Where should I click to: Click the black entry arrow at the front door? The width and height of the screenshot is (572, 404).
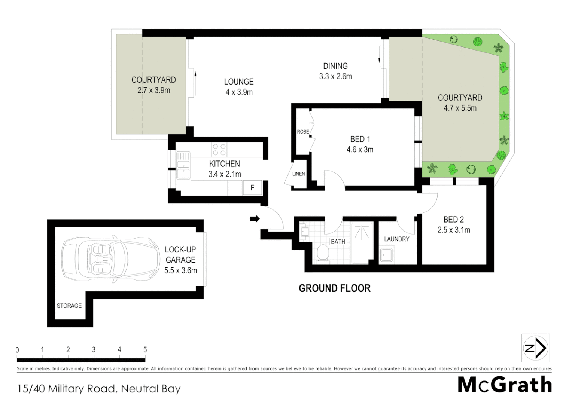pyautogui.click(x=255, y=219)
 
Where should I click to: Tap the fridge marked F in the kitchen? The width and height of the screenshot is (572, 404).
pyautogui.click(x=252, y=188)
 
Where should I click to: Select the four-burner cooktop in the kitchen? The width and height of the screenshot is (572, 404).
pyautogui.click(x=219, y=150)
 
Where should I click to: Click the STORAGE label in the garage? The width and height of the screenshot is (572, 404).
pyautogui.click(x=69, y=306)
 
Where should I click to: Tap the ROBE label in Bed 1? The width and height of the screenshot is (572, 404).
pyautogui.click(x=303, y=132)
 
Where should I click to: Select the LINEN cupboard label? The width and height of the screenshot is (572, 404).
pyautogui.click(x=298, y=174)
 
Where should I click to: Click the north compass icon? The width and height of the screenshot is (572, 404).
pyautogui.click(x=535, y=348)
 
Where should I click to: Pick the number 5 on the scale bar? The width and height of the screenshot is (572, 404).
pyautogui.click(x=145, y=350)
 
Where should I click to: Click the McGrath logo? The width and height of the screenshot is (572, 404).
pyautogui.click(x=505, y=385)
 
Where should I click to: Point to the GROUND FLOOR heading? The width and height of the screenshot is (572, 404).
pyautogui.click(x=335, y=288)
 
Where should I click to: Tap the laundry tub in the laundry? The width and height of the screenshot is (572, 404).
pyautogui.click(x=386, y=255)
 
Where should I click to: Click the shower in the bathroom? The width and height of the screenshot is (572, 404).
pyautogui.click(x=362, y=243)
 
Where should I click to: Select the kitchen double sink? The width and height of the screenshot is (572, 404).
pyautogui.click(x=183, y=165)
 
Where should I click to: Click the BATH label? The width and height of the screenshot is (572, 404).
pyautogui.click(x=338, y=242)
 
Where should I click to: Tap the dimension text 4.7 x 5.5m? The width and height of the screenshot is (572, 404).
pyautogui.click(x=460, y=108)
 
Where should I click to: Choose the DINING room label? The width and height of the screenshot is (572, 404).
pyautogui.click(x=335, y=66)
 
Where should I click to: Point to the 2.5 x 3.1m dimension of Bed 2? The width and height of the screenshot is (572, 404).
pyautogui.click(x=454, y=230)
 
